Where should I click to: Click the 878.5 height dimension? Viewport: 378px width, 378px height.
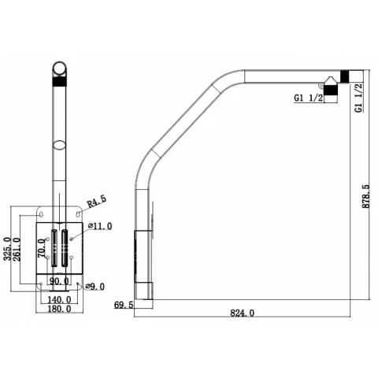pos(365,196)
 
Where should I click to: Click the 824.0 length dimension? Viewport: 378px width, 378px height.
pos(243,313)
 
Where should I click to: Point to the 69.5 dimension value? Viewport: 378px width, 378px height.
pos(124,305)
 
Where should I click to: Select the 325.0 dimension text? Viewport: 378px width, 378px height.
pos(7,249)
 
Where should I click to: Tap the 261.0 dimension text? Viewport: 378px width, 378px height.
pos(17,249)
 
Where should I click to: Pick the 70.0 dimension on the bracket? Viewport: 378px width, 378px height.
pos(41,248)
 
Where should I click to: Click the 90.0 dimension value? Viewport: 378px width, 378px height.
pos(59,281)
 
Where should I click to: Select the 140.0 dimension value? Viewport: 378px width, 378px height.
pos(59,299)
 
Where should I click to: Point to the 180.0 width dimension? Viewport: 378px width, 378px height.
pos(59,309)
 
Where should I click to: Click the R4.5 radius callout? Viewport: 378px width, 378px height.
pos(97,202)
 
